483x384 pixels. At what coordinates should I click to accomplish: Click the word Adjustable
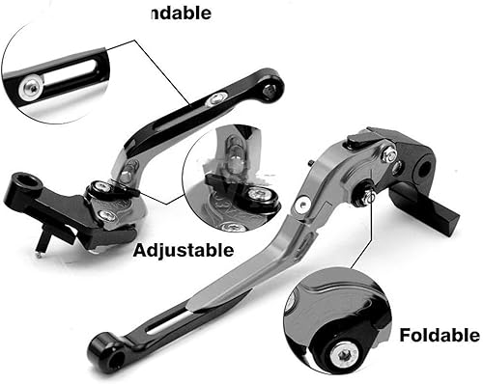pos(183,251)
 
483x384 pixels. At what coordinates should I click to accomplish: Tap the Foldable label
pos(439,336)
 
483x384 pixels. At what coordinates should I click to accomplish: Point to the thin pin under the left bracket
pos(38,246)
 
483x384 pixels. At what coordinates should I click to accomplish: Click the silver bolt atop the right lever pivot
pos(387,153)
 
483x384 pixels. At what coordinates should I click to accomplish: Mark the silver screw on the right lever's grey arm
pos(303,205)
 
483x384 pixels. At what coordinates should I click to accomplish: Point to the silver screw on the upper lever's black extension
pos(219,98)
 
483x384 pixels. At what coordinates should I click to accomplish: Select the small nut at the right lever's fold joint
pos(369,196)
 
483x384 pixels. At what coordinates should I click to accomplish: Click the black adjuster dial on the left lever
pos(99,189)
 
